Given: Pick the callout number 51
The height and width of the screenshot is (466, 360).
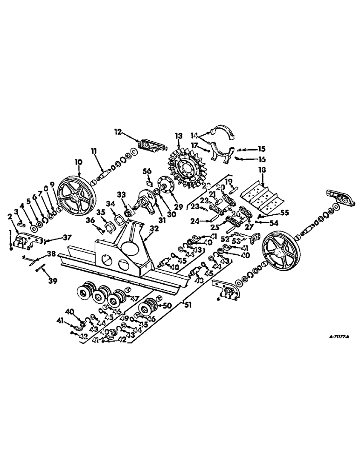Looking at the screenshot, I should pos(188,306).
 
